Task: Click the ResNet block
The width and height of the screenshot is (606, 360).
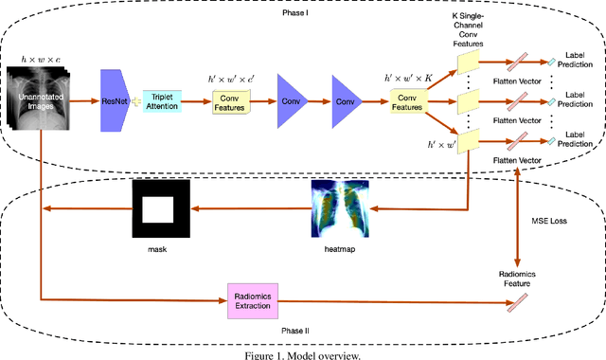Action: pyautogui.click(x=114, y=100)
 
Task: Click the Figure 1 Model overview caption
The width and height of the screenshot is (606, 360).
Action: pyautogui.click(x=303, y=352)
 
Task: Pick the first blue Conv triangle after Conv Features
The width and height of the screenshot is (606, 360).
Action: pyautogui.click(x=290, y=100)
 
